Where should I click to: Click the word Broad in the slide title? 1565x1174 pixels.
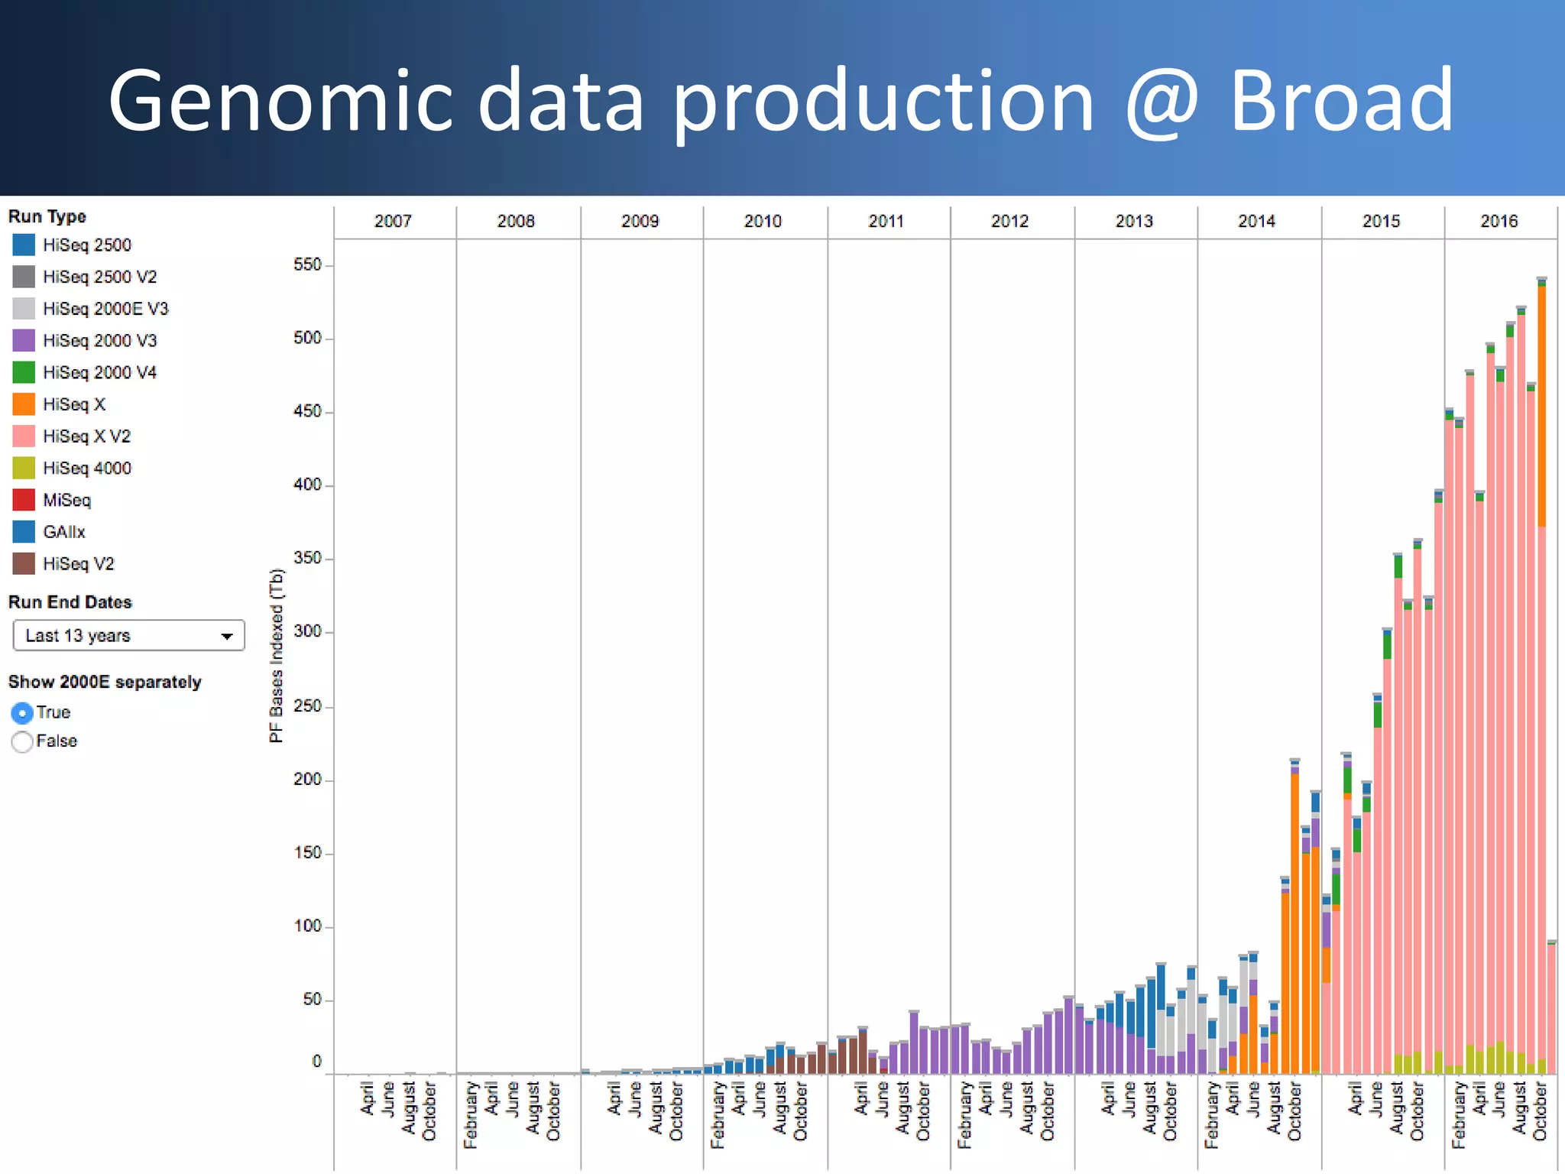pyautogui.click(x=1341, y=101)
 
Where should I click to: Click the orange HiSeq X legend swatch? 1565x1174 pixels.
pyautogui.click(x=24, y=404)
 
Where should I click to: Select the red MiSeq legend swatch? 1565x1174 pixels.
pyautogui.click(x=24, y=500)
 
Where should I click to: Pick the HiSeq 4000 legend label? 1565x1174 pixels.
pyautogui.click(x=87, y=468)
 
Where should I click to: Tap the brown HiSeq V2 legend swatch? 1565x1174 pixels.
pyautogui.click(x=24, y=564)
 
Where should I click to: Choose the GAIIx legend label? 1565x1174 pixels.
pyautogui.click(x=64, y=532)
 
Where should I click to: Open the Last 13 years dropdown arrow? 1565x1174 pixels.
pyautogui.click(x=227, y=636)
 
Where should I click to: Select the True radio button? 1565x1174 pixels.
pyautogui.click(x=23, y=713)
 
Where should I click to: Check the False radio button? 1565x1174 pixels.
pyautogui.click(x=23, y=741)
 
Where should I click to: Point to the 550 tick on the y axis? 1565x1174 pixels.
pyautogui.click(x=307, y=265)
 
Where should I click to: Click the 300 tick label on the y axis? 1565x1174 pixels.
pyautogui.click(x=307, y=632)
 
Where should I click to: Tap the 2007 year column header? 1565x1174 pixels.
pyautogui.click(x=393, y=222)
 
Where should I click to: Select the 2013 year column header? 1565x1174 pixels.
pyautogui.click(x=1134, y=222)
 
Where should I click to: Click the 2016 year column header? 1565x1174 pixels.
pyautogui.click(x=1499, y=222)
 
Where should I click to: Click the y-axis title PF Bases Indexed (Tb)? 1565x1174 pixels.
pyautogui.click(x=277, y=656)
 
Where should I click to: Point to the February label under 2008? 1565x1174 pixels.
pyautogui.click(x=471, y=1114)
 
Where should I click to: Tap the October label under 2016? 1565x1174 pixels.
pyautogui.click(x=1541, y=1111)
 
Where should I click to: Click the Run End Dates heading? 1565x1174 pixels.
pyautogui.click(x=70, y=602)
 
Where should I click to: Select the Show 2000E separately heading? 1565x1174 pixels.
pyautogui.click(x=105, y=682)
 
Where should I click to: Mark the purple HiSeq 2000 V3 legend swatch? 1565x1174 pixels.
pyautogui.click(x=24, y=341)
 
